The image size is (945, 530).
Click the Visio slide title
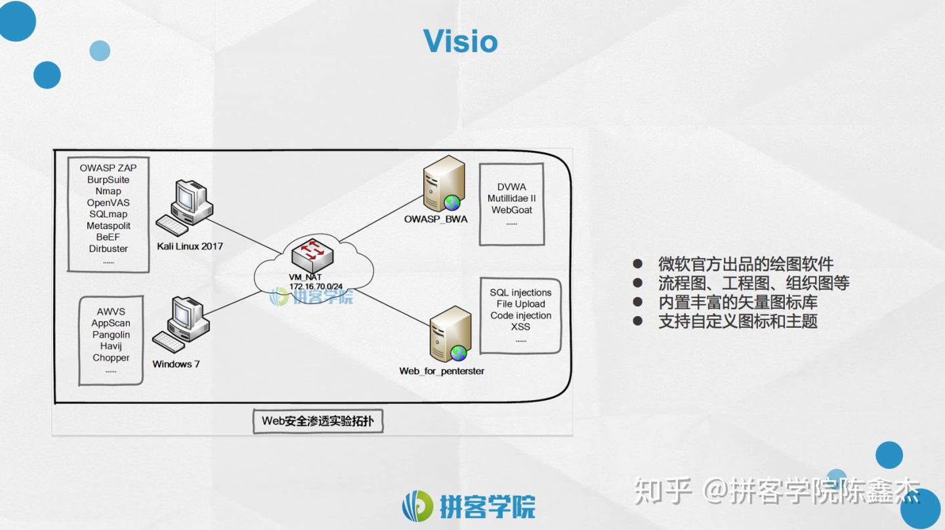point(460,41)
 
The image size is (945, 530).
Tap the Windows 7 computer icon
point(181,324)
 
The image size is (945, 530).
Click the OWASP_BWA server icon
point(441,183)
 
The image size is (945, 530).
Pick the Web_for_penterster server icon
point(450,335)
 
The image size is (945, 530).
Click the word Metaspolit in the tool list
point(108,226)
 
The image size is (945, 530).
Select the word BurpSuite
point(108,180)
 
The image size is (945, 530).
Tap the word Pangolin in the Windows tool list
point(111,335)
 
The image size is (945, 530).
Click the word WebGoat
point(512,210)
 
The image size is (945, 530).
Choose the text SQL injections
point(520,293)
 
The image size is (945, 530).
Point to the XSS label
point(520,327)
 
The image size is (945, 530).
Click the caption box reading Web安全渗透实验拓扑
point(318,421)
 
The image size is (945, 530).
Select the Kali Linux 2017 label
point(190,246)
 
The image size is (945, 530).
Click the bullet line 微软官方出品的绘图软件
point(745,264)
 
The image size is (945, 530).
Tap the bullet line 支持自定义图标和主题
point(738,322)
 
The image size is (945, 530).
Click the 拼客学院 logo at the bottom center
point(469,506)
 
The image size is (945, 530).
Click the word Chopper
point(111,358)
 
